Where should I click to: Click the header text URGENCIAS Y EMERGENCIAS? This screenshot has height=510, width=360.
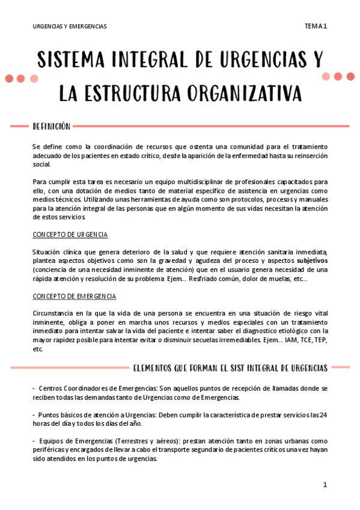pos(70,26)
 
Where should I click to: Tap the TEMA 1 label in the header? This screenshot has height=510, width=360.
pos(316,26)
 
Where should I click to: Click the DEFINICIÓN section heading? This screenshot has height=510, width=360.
pos(51,126)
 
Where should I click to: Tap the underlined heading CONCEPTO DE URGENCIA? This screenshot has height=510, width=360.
pos(70,235)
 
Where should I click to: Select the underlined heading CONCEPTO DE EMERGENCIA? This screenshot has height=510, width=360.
pos(75,296)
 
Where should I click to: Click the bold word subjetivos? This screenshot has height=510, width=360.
pos(312,260)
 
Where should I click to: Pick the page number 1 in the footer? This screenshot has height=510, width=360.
pos(325,485)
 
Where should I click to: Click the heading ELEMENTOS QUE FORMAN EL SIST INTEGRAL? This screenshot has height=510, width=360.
pos(230,368)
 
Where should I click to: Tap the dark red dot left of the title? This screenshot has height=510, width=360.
pos(10,78)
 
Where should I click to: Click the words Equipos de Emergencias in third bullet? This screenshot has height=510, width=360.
pos(77,441)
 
